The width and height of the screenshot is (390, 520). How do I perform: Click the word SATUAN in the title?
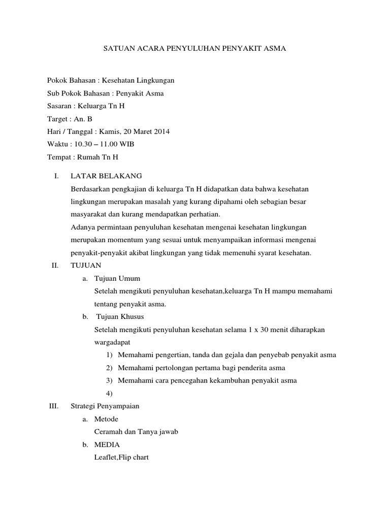click(118, 49)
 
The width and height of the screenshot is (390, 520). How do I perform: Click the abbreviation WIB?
click(126, 144)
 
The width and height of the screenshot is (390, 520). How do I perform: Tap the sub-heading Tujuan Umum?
click(117, 278)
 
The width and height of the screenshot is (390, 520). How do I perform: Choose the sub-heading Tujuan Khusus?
click(120, 316)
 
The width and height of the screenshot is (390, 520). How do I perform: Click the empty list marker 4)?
click(109, 393)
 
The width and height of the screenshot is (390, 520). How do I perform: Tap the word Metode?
click(107, 419)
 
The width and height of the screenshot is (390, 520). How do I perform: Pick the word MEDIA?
click(107, 444)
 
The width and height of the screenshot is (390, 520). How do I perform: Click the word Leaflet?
click(106, 457)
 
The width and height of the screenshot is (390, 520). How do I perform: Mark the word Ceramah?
click(109, 432)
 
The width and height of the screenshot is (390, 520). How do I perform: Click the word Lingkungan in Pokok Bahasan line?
click(152, 80)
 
